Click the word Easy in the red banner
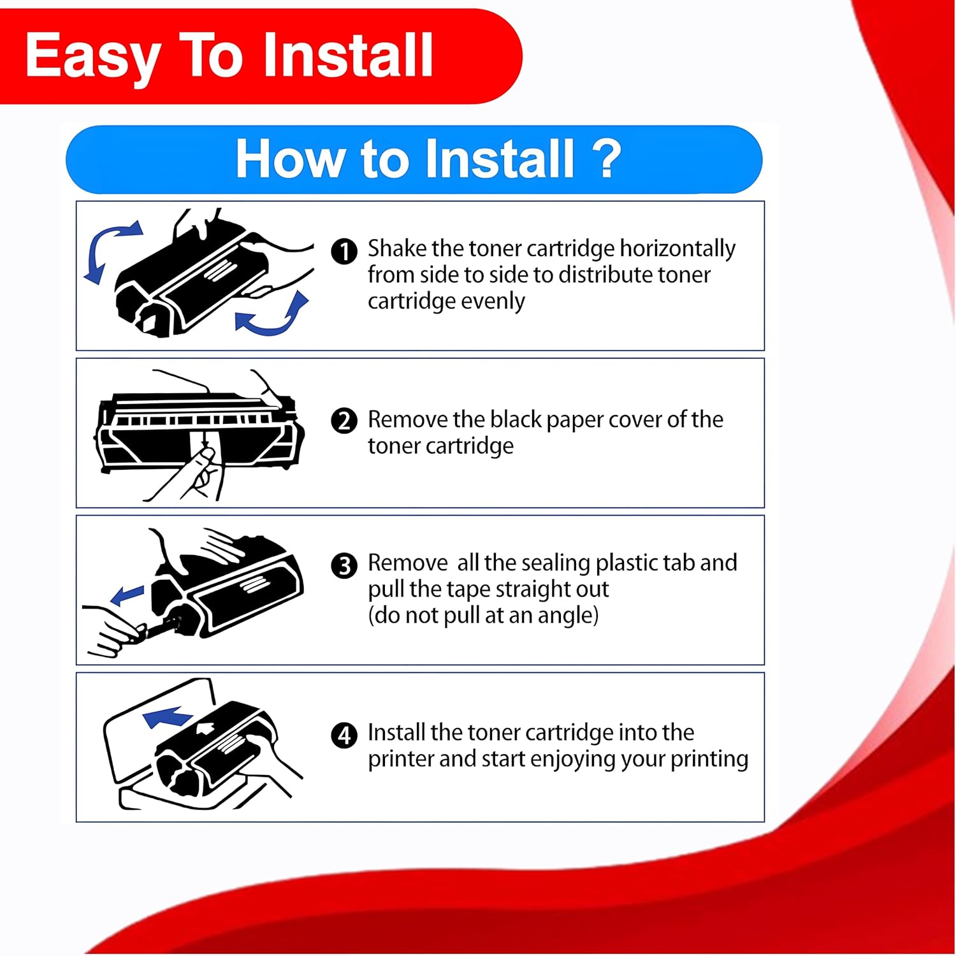coord(92,58)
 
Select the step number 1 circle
coord(344,251)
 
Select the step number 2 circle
coord(344,421)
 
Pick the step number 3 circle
coord(344,565)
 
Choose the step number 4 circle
coord(344,735)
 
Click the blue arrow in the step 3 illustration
coord(127,595)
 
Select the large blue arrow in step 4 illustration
coord(167,716)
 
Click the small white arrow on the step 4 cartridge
coord(205,727)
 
